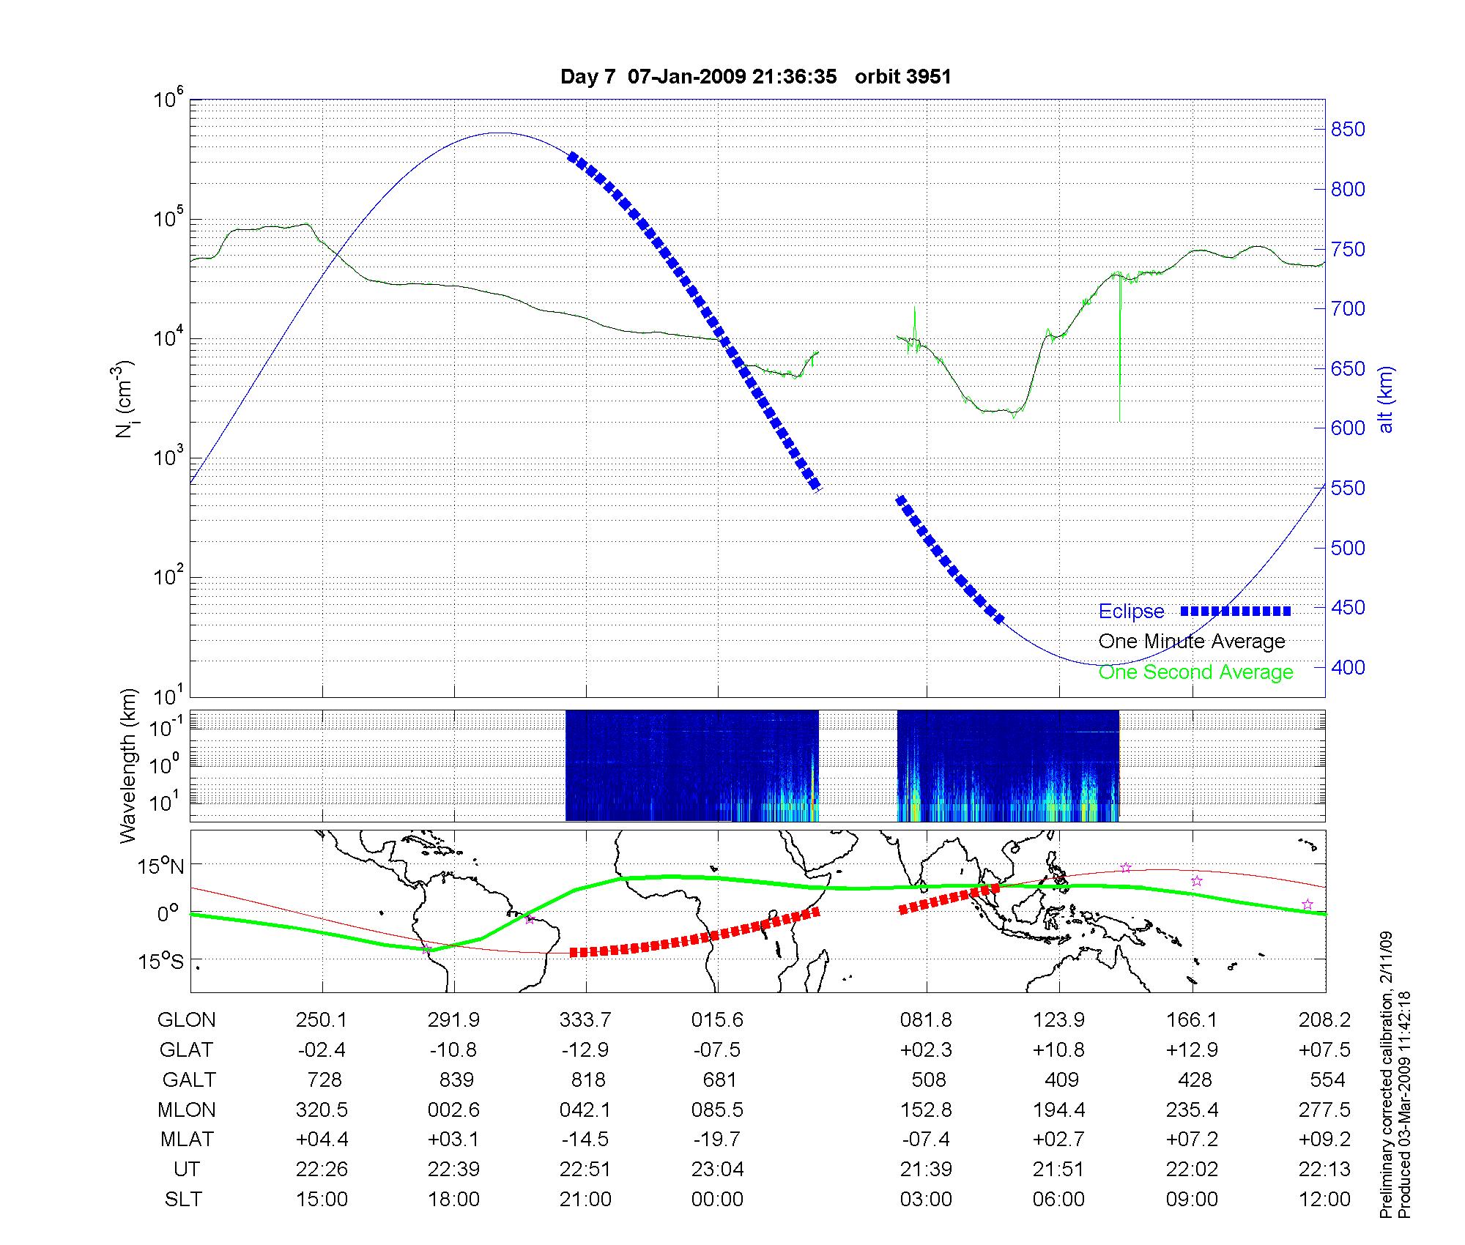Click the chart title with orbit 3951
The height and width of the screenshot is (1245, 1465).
click(x=755, y=77)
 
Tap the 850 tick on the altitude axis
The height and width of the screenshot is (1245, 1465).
click(x=1348, y=130)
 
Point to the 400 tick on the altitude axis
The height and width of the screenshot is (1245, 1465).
click(x=1348, y=667)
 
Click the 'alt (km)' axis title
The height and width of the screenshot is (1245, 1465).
click(x=1386, y=399)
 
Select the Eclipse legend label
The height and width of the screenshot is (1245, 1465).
click(x=1131, y=612)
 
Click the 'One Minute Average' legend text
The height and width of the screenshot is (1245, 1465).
click(x=1192, y=642)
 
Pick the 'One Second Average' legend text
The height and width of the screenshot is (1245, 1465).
click(x=1195, y=672)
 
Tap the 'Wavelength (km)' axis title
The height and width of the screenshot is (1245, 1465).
click(x=128, y=765)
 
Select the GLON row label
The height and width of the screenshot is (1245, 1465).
click(x=186, y=1020)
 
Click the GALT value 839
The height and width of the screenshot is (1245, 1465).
click(x=454, y=1080)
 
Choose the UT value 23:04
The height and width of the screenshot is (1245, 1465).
click(x=717, y=1170)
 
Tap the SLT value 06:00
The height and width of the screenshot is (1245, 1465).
click(x=1058, y=1200)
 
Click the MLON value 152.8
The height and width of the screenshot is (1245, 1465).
click(x=926, y=1110)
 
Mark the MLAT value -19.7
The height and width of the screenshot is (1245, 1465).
click(x=717, y=1140)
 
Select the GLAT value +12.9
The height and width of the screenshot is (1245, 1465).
click(x=1192, y=1050)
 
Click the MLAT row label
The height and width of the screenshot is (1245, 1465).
click(x=186, y=1140)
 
